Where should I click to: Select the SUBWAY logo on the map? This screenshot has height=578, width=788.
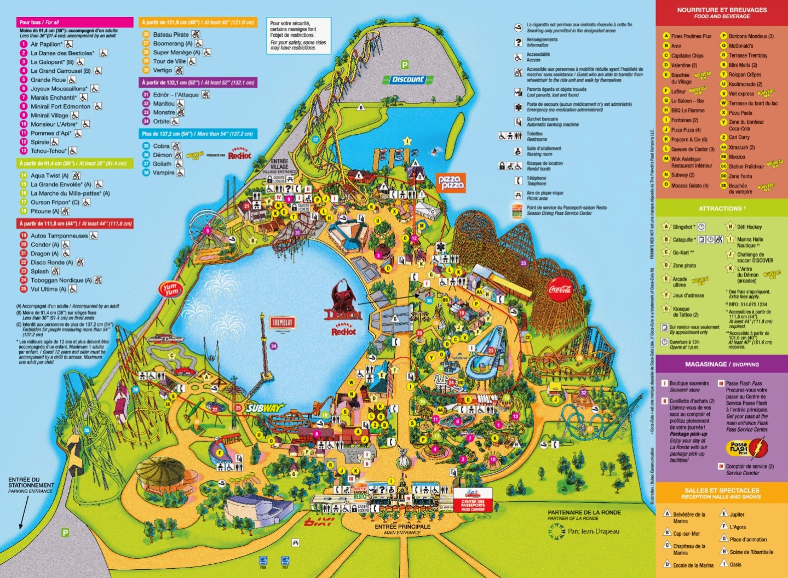(265, 408)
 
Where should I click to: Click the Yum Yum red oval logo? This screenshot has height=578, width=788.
(169, 289)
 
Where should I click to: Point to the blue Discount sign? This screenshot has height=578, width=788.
(408, 79)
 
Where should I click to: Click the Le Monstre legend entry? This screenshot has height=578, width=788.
(164, 112)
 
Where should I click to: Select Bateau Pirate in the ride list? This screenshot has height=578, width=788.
(171, 35)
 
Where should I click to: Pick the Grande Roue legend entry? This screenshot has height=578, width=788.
(48, 80)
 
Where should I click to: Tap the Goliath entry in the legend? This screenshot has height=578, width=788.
(162, 164)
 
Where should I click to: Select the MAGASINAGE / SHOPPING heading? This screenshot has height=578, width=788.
(721, 364)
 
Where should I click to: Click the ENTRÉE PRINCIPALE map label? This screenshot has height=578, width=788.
(402, 527)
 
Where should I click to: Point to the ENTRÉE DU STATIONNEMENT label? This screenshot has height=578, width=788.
(31, 485)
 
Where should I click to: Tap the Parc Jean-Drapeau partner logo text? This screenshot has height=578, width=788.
(593, 531)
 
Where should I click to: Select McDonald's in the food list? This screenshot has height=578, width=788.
(740, 46)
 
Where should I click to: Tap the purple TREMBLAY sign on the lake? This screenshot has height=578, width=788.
(282, 323)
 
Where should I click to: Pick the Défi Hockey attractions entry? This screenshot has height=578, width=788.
(749, 227)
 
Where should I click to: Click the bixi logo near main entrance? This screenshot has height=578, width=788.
(318, 521)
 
